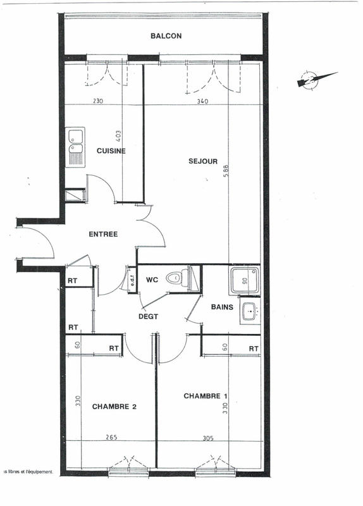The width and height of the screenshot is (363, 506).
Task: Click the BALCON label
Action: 166,36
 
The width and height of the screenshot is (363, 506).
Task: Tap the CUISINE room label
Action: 111,151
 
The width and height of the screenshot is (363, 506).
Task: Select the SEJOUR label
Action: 203,161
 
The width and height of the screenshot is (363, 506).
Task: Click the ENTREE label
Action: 103,234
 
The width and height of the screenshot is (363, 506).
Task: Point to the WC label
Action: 152,279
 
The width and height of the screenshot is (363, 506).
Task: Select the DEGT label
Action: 147,316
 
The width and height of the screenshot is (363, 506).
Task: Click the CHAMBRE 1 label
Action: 206,396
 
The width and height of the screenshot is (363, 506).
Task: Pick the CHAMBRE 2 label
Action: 114,407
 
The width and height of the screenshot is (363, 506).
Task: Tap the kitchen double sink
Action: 76,147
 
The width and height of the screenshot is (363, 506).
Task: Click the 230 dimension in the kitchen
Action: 98,101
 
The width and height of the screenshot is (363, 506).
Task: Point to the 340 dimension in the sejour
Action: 202,101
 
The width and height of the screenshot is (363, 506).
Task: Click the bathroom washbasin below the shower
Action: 249,312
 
